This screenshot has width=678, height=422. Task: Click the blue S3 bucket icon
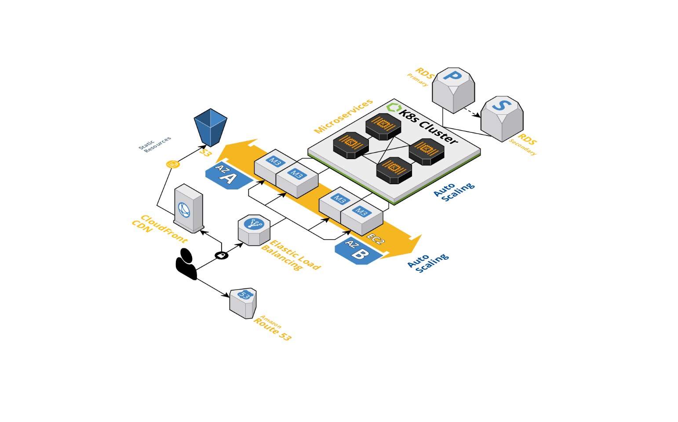point(210,127)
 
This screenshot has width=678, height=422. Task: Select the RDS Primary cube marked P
point(453,90)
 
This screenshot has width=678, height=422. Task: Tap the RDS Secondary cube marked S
point(502,118)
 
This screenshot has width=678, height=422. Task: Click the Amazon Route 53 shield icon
point(243,303)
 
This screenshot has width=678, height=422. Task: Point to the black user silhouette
point(186,264)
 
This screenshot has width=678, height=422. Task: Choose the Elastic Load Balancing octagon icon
point(254,229)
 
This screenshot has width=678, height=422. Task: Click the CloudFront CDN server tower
point(189,208)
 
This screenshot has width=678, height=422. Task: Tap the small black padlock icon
point(222,255)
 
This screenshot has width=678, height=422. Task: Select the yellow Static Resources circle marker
point(173,164)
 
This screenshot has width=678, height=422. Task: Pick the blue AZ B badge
point(357,251)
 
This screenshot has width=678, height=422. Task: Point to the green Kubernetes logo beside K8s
point(393,108)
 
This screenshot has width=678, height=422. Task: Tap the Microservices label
point(343,116)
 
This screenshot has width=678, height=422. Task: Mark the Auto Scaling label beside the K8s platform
point(454,192)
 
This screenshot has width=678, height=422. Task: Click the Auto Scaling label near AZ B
point(428,262)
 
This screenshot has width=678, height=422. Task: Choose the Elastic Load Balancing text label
point(291,255)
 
